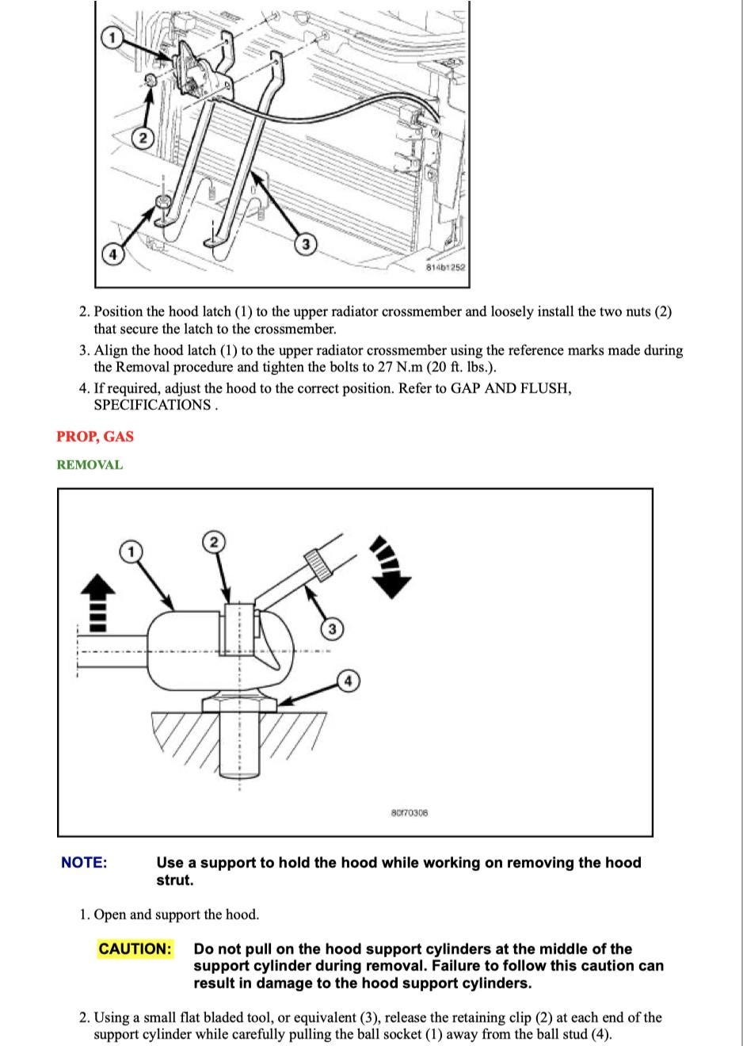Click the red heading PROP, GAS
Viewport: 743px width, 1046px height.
tap(95, 437)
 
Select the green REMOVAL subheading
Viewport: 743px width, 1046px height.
tap(90, 465)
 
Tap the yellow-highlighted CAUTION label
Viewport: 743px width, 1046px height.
tap(135, 949)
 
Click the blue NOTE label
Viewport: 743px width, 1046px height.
tap(84, 863)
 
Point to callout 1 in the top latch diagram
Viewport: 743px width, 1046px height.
tap(112, 38)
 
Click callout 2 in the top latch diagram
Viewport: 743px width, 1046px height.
tap(143, 139)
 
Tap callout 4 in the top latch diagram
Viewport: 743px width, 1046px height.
tap(112, 254)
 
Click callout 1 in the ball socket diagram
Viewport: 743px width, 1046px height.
tap(131, 551)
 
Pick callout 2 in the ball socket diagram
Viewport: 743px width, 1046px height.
tap(213, 542)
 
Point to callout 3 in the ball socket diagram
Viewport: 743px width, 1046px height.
tap(332, 629)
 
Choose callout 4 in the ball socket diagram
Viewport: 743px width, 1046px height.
tap(348, 681)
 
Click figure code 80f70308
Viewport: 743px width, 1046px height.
tap(410, 813)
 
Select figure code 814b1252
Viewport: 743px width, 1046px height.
tap(446, 268)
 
